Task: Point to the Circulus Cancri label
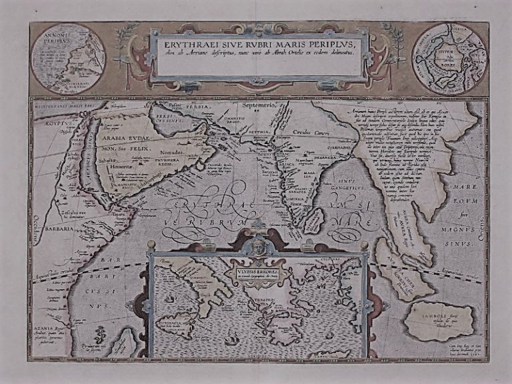click(310, 132)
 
